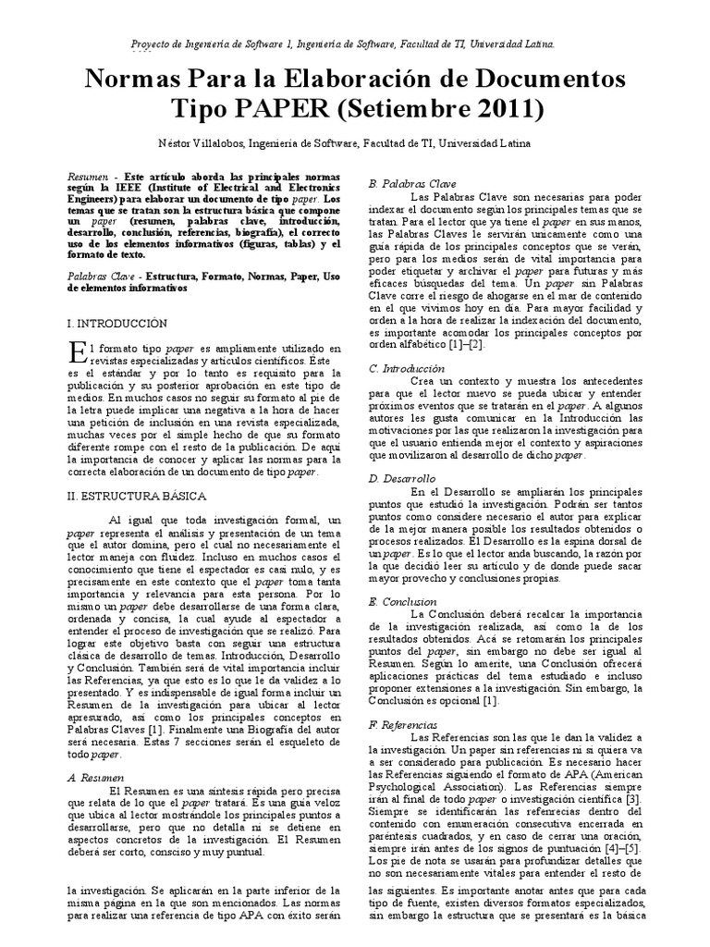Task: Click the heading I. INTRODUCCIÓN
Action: click(117, 323)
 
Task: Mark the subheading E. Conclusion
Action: click(403, 601)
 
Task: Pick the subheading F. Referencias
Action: click(405, 723)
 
